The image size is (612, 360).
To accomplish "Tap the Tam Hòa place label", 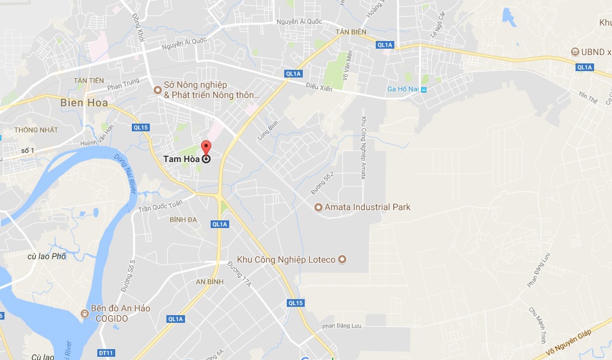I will click(182, 159).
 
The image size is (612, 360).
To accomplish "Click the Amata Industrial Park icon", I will click(318, 207).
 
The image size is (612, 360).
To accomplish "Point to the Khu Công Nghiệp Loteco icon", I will click(342, 259).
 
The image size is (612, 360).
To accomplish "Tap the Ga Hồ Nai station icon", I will click(423, 89).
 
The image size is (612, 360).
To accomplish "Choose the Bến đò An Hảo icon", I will click(85, 313).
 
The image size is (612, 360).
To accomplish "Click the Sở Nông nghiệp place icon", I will click(157, 90).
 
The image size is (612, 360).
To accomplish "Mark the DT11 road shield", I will click(106, 353).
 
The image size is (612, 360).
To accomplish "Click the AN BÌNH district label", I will click(209, 282).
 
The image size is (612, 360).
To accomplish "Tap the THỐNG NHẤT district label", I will click(36, 130).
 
